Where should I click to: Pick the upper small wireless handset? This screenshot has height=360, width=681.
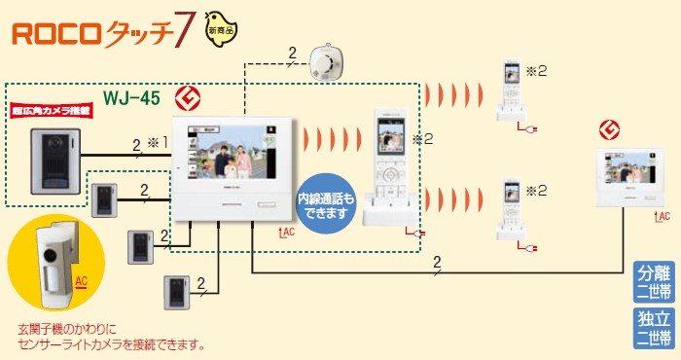click(x=512, y=90)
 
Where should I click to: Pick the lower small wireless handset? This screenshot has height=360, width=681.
click(x=512, y=209)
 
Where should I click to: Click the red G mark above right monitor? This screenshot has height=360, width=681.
click(x=610, y=128)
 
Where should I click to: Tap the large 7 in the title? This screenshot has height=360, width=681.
click(x=183, y=35)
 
